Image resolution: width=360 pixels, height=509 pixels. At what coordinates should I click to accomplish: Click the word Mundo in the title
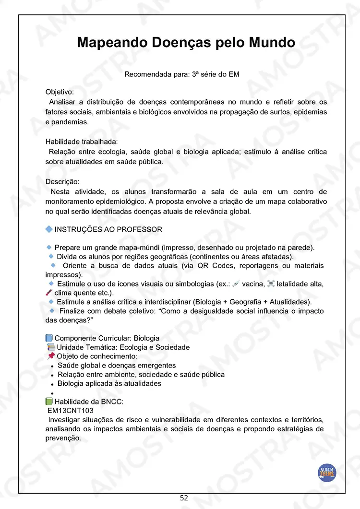click(270, 42)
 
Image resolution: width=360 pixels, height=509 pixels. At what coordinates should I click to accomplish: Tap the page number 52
click(184, 498)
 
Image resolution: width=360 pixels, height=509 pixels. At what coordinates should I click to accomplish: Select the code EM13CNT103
click(70, 410)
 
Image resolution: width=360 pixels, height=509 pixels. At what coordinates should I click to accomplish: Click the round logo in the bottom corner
click(327, 472)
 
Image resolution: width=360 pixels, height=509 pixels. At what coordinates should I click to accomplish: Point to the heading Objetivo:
click(60, 92)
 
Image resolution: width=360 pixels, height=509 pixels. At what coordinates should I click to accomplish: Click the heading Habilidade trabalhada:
click(81, 142)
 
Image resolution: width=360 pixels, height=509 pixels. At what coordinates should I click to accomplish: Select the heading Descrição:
click(62, 182)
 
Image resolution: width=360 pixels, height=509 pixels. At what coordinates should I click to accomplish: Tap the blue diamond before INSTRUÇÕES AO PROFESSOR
click(48, 229)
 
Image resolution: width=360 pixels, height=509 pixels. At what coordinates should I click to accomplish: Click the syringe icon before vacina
click(236, 284)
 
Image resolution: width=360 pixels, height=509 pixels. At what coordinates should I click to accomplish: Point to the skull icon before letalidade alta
click(271, 284)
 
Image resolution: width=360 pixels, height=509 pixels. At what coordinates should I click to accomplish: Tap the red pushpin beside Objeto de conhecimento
click(51, 356)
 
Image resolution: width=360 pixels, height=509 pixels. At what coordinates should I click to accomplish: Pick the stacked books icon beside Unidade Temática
click(51, 347)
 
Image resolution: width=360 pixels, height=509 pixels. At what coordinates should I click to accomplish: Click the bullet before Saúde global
click(52, 366)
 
